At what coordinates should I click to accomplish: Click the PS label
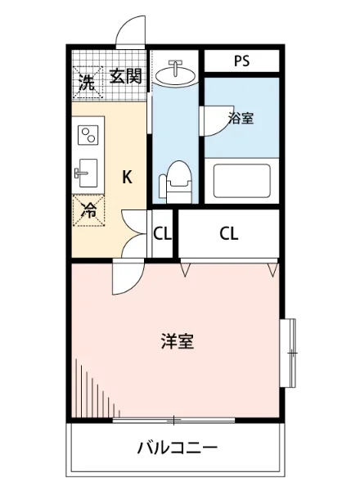point(241,61)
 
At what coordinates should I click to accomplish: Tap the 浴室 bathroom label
point(241,119)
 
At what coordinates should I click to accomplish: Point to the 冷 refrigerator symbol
point(88,209)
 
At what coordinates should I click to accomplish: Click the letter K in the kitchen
point(128,176)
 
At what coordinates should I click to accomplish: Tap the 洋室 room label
point(177,342)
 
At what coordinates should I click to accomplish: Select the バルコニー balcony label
point(177,448)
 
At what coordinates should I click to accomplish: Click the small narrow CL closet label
point(162,233)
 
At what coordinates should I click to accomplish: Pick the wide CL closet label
point(229,233)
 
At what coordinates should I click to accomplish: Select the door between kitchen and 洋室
point(128,278)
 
